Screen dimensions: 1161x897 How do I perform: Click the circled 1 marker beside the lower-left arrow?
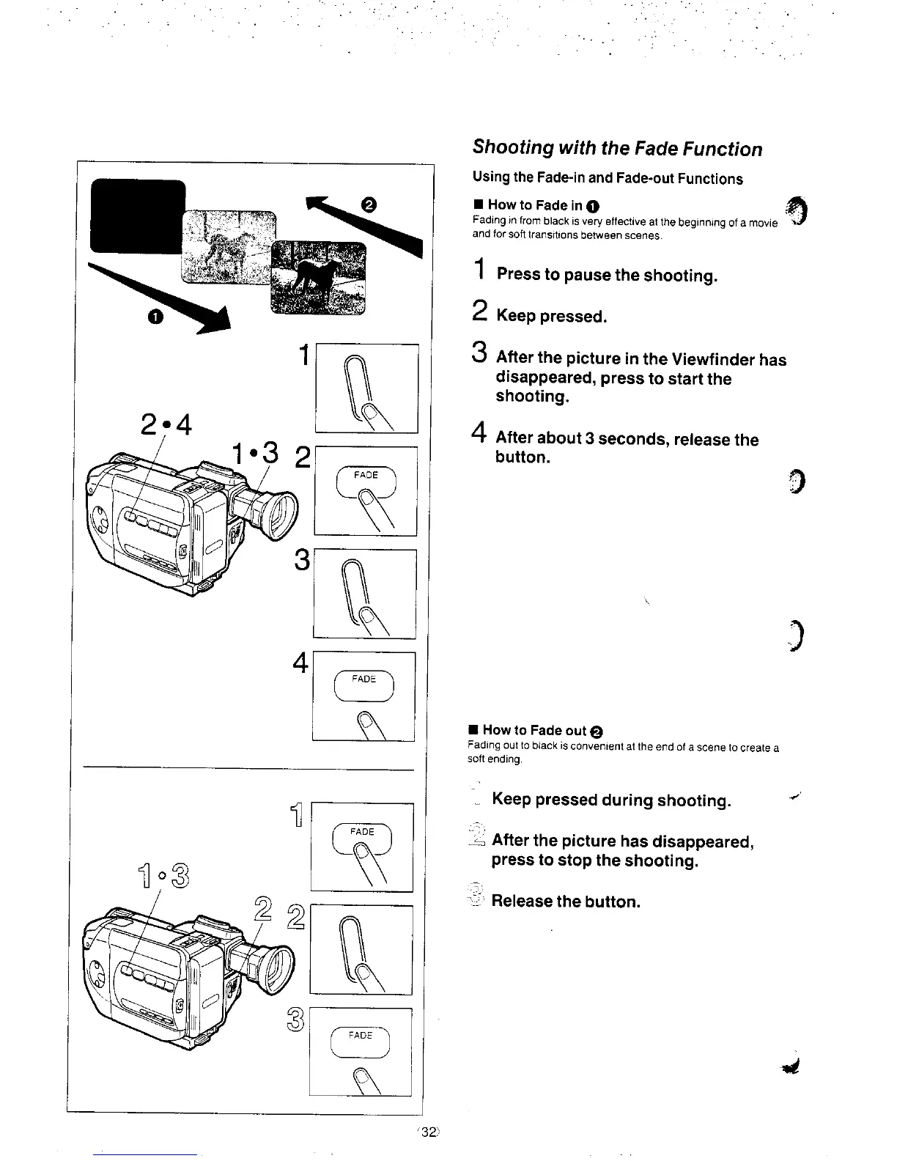(154, 317)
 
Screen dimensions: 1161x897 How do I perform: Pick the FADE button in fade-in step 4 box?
(363, 683)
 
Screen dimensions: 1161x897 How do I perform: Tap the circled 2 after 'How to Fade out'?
(597, 731)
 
